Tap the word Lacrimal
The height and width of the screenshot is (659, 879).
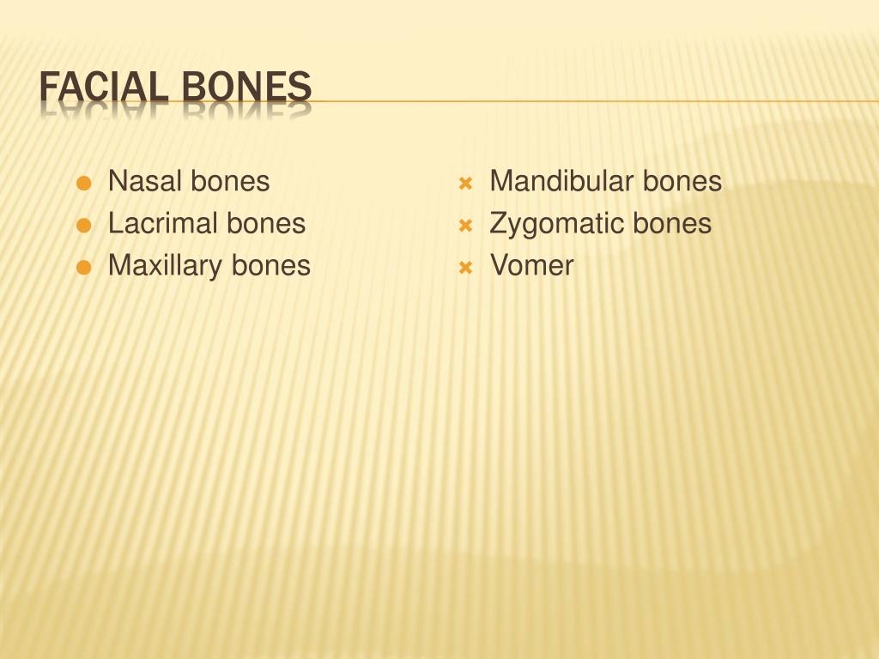click(164, 223)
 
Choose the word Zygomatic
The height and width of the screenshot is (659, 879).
click(557, 224)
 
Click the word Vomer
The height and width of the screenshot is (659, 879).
click(531, 265)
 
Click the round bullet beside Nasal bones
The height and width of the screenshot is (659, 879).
click(83, 184)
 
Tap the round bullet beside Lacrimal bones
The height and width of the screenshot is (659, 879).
click(83, 226)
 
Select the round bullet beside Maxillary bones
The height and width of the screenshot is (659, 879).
click(83, 268)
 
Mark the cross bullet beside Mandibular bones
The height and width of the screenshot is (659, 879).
click(465, 184)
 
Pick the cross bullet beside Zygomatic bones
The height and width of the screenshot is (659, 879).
click(465, 226)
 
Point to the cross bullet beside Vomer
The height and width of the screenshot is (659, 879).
click(465, 268)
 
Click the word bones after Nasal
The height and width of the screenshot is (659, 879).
click(230, 181)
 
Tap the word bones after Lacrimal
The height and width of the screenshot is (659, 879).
click(266, 223)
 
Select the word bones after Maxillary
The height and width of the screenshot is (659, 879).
click(270, 266)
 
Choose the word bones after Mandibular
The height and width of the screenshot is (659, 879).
click(682, 181)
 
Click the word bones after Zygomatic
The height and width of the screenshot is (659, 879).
click(672, 224)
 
